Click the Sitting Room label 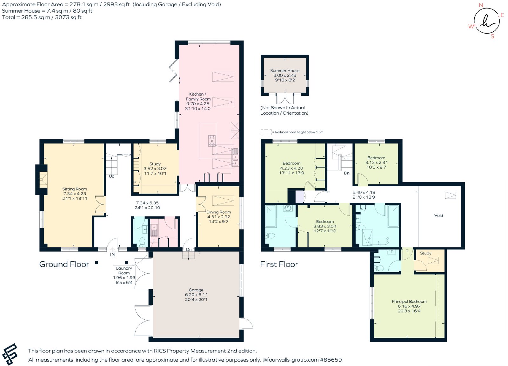coord(75,189)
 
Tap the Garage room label coord(196,290)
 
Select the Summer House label coord(284,71)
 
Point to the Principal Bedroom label coord(409,301)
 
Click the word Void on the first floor coord(438,215)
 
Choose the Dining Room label coord(219,212)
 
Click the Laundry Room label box coord(124,275)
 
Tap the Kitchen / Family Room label coord(198,96)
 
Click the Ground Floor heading coord(64,264)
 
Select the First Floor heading coord(279,264)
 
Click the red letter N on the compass coord(481,5)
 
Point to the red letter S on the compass coord(492,36)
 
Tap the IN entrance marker coord(113,255)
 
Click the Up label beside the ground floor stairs coord(111,176)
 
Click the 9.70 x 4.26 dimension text coord(198,104)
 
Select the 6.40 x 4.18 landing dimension coord(364,192)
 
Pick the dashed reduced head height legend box coord(266,132)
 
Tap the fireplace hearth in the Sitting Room coord(43,180)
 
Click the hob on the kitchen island coord(212,141)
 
